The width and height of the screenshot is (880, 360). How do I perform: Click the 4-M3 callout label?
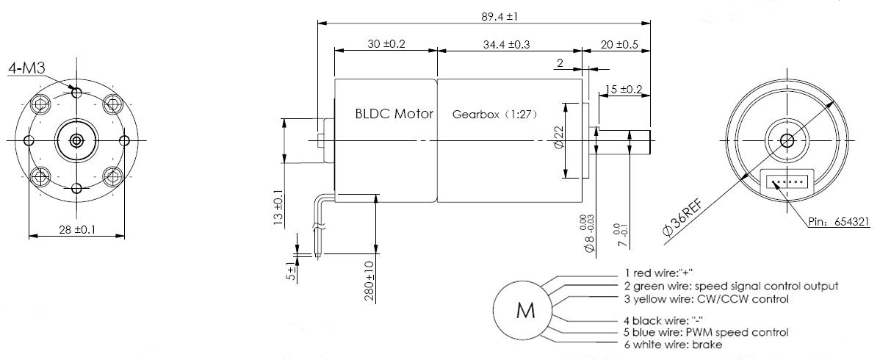[27, 69]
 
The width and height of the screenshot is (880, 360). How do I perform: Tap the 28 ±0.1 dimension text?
[76, 231]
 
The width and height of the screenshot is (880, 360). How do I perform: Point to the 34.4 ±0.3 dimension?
[508, 44]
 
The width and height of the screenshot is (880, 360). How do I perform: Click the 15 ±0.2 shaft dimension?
[623, 90]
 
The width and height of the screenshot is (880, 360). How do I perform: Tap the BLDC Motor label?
[394, 114]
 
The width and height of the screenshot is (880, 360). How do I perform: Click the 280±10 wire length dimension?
[369, 281]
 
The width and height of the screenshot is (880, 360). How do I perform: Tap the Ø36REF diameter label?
[682, 217]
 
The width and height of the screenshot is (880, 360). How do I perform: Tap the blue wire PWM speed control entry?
[702, 332]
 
